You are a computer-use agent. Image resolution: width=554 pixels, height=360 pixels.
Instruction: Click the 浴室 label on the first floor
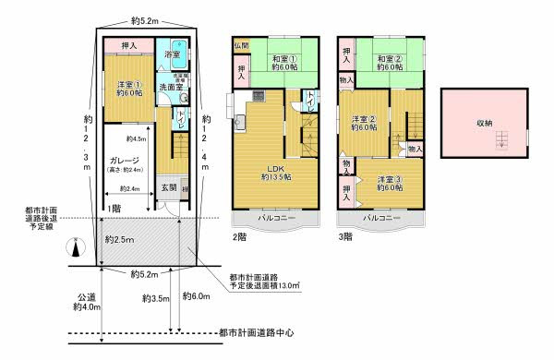point(172,55)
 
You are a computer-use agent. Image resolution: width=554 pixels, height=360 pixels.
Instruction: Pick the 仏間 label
point(240,45)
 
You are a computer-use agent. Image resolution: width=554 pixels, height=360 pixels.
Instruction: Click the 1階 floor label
point(113,209)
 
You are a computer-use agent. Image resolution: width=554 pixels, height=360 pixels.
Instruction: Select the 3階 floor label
point(344,236)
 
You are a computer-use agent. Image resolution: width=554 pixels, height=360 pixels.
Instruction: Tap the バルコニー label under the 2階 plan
point(275,219)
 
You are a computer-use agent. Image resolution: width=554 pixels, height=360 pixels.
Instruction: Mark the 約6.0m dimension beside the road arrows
point(197,296)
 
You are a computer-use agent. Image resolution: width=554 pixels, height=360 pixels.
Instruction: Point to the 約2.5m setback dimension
point(117,240)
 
